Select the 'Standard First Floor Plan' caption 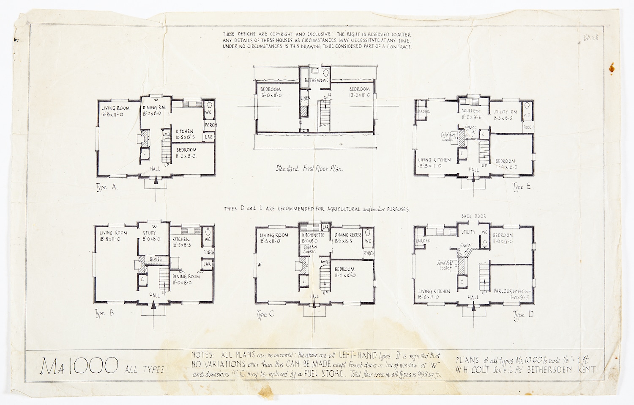(309, 168)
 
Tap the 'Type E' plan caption (521, 187)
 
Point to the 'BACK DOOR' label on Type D (473, 216)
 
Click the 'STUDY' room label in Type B (150, 233)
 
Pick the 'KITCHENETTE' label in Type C (313, 235)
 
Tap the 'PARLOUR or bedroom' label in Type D (513, 291)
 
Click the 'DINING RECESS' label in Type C (348, 235)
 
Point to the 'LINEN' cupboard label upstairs (305, 98)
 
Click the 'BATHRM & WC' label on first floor (316, 80)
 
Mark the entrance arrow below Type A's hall (156, 180)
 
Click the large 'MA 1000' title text (79, 366)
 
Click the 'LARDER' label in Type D (423, 241)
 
